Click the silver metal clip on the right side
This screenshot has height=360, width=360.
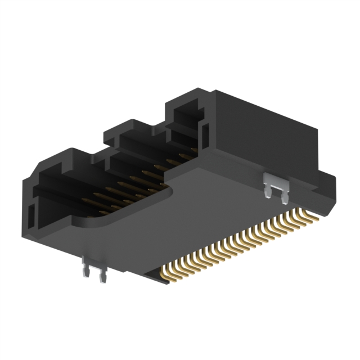275,186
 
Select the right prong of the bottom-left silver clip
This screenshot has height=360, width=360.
101,277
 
